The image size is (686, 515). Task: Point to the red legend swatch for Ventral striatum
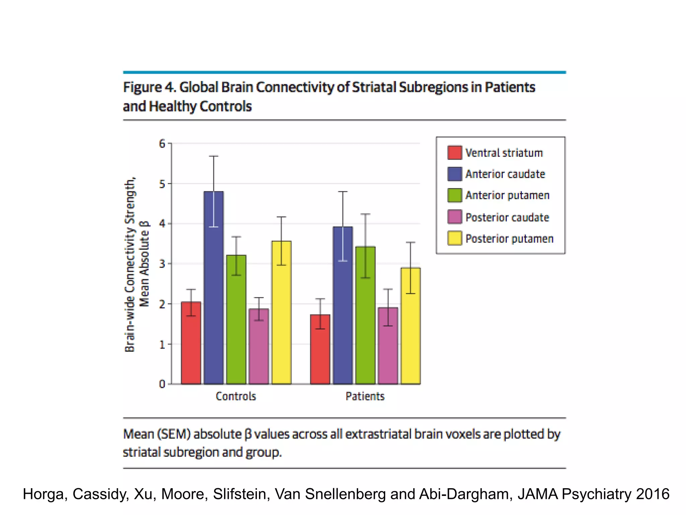[x=455, y=153]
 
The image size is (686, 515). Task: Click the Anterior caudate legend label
[x=505, y=174]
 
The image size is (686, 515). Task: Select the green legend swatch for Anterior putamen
[x=455, y=195]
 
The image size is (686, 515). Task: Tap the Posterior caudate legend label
[x=507, y=217]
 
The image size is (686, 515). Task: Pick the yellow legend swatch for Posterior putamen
[x=455, y=238]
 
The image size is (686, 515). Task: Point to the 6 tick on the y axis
[x=162, y=144]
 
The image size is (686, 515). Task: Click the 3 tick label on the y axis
[x=162, y=264]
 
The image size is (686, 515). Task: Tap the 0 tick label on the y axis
[x=162, y=384]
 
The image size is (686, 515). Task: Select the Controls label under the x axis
[x=236, y=396]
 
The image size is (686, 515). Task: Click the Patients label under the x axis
[x=365, y=396]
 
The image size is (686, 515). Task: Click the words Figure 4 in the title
[x=149, y=87]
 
